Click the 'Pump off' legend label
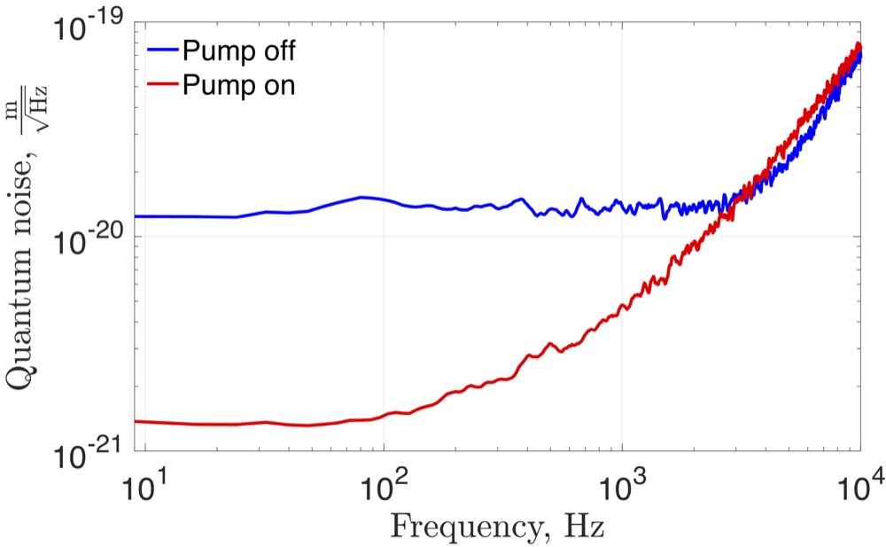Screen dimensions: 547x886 click(237, 50)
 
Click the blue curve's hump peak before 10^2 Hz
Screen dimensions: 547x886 click(361, 197)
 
